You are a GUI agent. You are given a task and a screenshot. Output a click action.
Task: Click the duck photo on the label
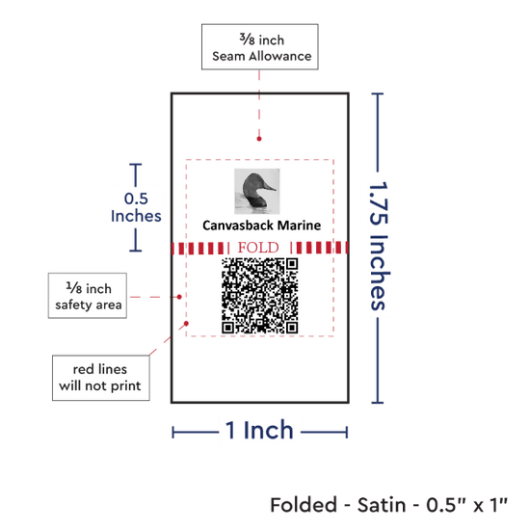pyautogui.click(x=257, y=192)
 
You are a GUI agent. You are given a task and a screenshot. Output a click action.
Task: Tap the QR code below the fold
pyautogui.click(x=259, y=296)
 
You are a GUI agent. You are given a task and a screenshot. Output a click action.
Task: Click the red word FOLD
pyautogui.click(x=258, y=248)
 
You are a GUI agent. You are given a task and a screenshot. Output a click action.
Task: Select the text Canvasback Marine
pyautogui.click(x=261, y=225)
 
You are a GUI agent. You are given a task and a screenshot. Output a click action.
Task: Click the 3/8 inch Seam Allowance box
pyautogui.click(x=260, y=46)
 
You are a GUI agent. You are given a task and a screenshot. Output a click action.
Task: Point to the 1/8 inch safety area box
pyautogui.click(x=88, y=296)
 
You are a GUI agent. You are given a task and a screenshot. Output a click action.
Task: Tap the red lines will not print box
pyautogui.click(x=101, y=378)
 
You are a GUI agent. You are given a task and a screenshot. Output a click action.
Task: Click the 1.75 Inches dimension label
pyautogui.click(x=379, y=246)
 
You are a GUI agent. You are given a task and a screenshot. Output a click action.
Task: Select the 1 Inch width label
pyautogui.click(x=259, y=431)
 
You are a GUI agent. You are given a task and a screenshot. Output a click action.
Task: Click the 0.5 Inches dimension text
pyautogui.click(x=136, y=207)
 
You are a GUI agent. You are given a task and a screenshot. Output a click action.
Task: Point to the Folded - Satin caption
pyautogui.click(x=388, y=505)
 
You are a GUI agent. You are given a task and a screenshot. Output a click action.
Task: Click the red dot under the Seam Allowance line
pyautogui.click(x=259, y=139)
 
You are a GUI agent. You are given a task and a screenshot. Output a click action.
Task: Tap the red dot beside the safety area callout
pyautogui.click(x=179, y=297)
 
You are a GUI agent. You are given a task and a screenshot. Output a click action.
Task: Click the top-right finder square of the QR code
pyautogui.click(x=292, y=264)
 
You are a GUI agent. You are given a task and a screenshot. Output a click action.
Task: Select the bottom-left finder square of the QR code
pyautogui.click(x=227, y=328)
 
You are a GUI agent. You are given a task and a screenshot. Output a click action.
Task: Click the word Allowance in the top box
pyautogui.click(x=280, y=56)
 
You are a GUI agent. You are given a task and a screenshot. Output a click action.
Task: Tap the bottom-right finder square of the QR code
pyautogui.click(x=292, y=328)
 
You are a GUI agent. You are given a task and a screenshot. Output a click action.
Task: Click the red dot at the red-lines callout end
pyautogui.click(x=186, y=324)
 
